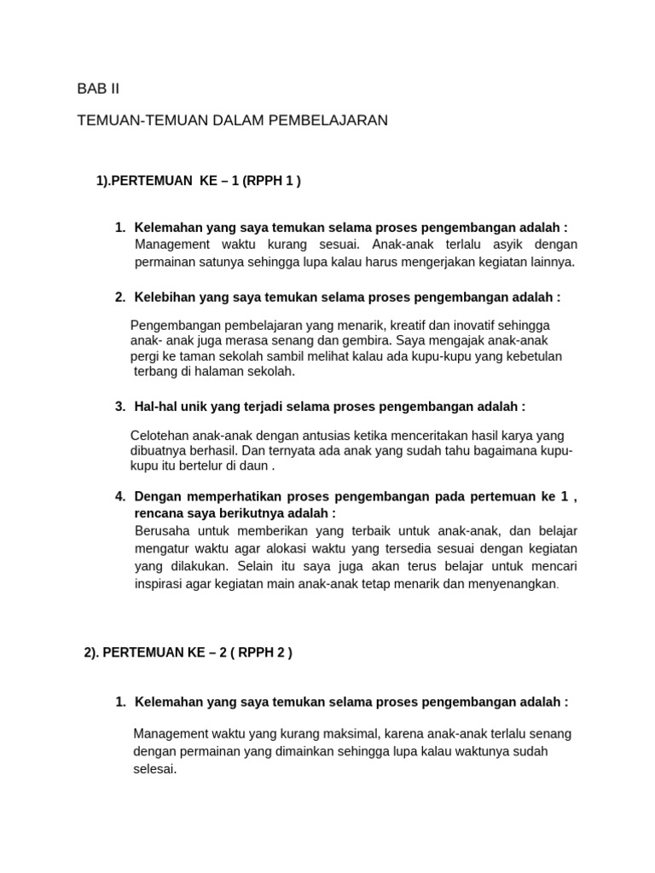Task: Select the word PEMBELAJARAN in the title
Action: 328,120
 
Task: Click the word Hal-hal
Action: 156,407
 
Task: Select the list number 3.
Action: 119,407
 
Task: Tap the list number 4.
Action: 119,496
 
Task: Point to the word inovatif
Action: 470,326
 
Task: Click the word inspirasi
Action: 162,584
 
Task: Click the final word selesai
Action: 154,768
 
